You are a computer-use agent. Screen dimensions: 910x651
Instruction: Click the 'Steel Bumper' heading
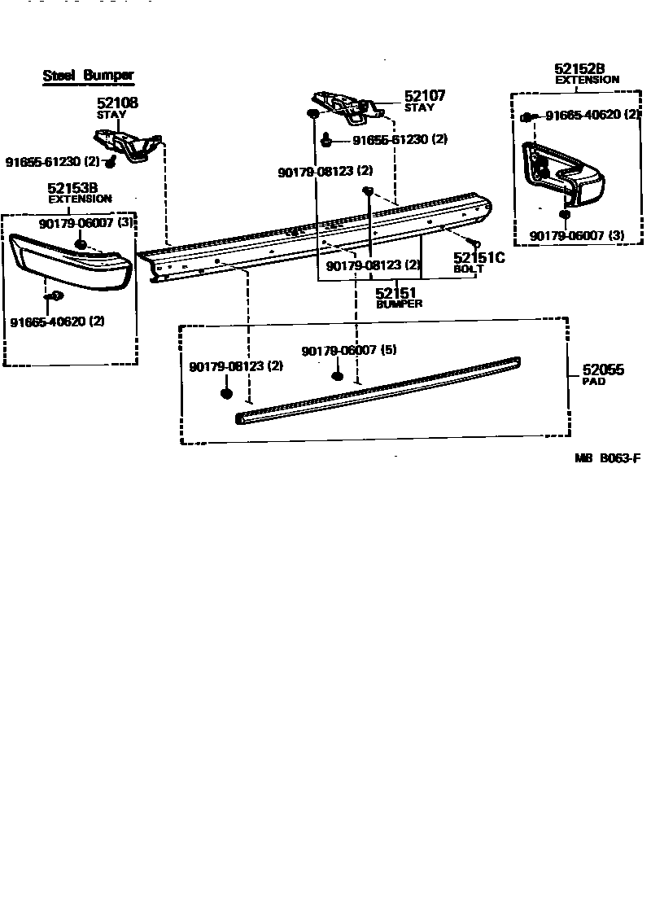pos(88,76)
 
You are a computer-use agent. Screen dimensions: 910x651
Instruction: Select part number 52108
pos(117,103)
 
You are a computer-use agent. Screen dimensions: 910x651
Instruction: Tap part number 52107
pos(425,96)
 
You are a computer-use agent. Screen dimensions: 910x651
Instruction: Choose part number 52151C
pos(479,258)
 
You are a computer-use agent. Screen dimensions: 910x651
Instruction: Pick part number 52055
pos(603,370)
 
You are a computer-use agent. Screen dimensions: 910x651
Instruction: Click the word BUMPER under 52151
pos(399,304)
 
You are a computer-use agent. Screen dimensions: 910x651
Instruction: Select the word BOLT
pos(469,269)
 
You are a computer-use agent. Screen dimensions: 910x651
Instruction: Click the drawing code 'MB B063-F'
pos(609,458)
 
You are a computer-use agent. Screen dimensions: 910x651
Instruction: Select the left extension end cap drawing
pos(69,261)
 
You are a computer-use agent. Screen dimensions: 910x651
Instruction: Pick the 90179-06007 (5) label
pos(348,350)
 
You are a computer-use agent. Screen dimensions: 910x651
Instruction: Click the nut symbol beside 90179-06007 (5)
pos(337,376)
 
